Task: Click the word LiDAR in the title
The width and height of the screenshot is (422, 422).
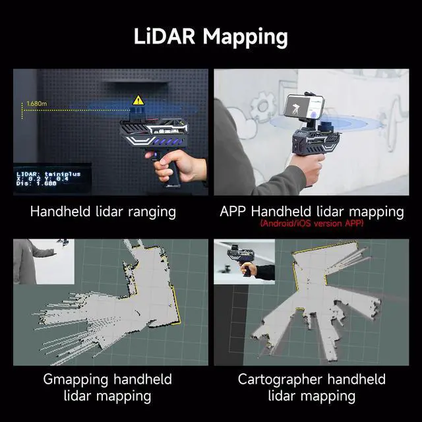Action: [166, 36]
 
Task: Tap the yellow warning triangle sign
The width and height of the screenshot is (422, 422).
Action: [138, 100]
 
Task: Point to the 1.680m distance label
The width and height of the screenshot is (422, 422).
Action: [38, 104]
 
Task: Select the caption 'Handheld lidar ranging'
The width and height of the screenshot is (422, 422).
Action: [104, 212]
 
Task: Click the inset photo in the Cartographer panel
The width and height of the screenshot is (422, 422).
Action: [244, 261]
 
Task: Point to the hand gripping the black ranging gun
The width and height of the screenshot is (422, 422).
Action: [177, 167]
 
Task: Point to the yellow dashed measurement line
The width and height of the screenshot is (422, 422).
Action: [73, 111]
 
